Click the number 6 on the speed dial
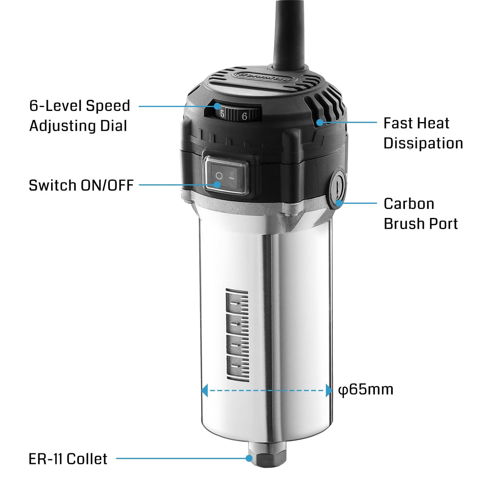(x=244, y=116)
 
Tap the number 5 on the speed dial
(x=222, y=115)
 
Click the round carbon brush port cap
(x=337, y=186)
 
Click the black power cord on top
(x=289, y=32)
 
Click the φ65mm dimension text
(x=366, y=389)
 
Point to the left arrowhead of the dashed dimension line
(x=205, y=390)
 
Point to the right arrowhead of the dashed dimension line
(x=329, y=390)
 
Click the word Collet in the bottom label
(x=87, y=459)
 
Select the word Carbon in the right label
(x=408, y=204)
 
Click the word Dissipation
(x=423, y=143)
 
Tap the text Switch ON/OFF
(x=81, y=185)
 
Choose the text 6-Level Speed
(x=80, y=106)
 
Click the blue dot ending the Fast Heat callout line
(x=319, y=122)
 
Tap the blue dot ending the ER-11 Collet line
(x=249, y=458)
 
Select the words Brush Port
(x=420, y=224)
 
